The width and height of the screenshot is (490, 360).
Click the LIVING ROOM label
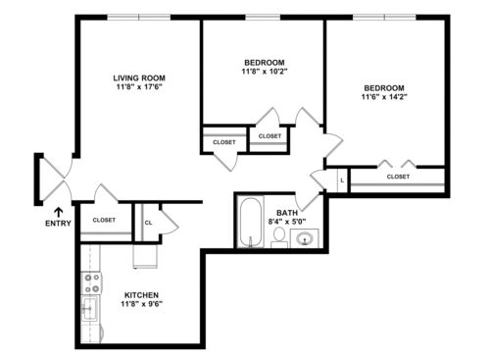(139, 78)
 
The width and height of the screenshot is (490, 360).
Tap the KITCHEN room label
(141, 295)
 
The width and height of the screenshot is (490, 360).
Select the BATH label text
(287, 213)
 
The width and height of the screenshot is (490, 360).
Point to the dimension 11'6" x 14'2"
(384, 97)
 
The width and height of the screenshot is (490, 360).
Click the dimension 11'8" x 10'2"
(265, 72)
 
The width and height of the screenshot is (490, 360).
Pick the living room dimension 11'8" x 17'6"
(139, 87)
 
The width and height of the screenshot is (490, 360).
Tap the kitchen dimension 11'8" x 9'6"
(141, 304)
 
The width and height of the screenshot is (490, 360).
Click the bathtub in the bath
(251, 222)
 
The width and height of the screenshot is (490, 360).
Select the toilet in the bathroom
(279, 238)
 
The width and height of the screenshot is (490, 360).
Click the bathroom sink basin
(305, 238)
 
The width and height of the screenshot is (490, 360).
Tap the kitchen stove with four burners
(91, 283)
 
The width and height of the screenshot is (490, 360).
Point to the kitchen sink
(89, 309)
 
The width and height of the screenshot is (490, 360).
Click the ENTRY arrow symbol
(59, 212)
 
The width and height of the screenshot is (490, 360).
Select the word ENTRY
(58, 224)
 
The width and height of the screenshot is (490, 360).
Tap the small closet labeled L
(342, 180)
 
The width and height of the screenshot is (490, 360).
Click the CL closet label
(148, 223)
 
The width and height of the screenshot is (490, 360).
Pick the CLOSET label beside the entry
(104, 220)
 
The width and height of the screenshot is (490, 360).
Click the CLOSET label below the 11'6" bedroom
(398, 177)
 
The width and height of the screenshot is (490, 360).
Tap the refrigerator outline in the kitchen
(145, 256)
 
